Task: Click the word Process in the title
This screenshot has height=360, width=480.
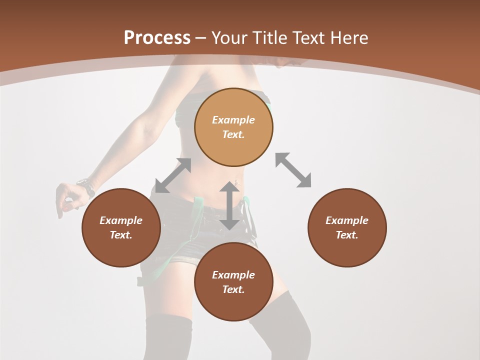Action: [157, 37]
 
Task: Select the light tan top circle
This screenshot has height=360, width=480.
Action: [233, 127]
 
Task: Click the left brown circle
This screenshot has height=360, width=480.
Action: [121, 227]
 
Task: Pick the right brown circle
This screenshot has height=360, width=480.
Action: [347, 227]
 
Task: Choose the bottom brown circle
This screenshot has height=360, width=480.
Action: [233, 282]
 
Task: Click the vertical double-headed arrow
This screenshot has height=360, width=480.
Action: [229, 205]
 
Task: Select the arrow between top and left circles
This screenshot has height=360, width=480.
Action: [173, 175]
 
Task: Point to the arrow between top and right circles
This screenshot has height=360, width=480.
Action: [293, 170]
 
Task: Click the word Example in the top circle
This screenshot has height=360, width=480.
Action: [233, 120]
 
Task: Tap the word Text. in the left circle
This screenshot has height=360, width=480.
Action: [121, 235]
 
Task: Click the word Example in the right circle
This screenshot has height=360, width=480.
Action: [347, 220]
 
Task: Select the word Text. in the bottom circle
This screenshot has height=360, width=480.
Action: [233, 289]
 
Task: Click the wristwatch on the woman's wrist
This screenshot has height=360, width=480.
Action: [87, 187]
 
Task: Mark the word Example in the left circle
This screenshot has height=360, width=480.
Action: [121, 220]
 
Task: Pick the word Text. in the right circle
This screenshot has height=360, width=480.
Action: [347, 235]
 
